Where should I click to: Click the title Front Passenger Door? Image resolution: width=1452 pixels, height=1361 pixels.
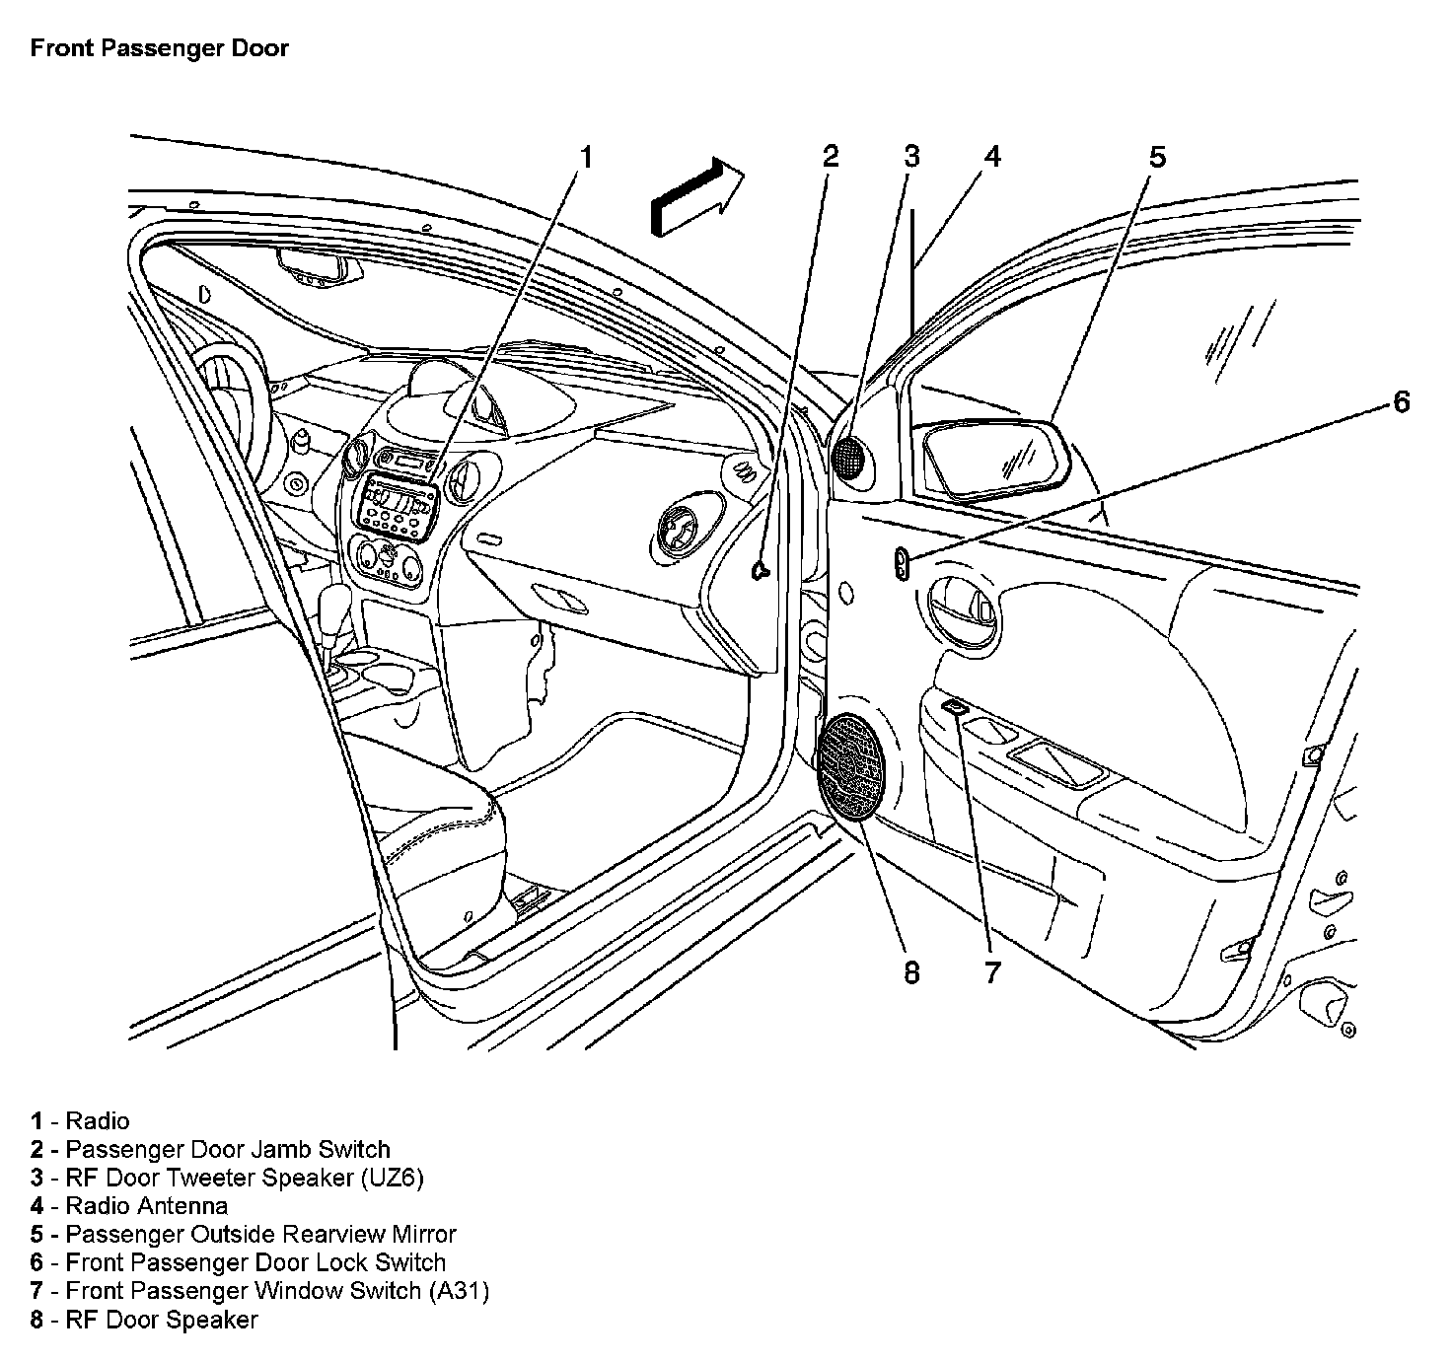[159, 48]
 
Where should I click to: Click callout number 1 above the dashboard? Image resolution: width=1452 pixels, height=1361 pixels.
[586, 157]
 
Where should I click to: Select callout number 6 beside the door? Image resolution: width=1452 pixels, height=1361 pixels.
[1401, 402]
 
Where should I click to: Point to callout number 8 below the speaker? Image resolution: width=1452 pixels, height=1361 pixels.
[910, 972]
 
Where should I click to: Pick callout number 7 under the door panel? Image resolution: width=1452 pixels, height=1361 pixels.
[991, 972]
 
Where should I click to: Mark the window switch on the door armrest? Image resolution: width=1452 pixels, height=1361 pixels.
[955, 707]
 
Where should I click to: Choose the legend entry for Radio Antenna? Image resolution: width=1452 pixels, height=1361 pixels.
[146, 1205]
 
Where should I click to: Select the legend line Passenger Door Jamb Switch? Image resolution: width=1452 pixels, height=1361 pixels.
[227, 1149]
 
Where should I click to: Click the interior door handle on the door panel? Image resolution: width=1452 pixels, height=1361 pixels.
[962, 614]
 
